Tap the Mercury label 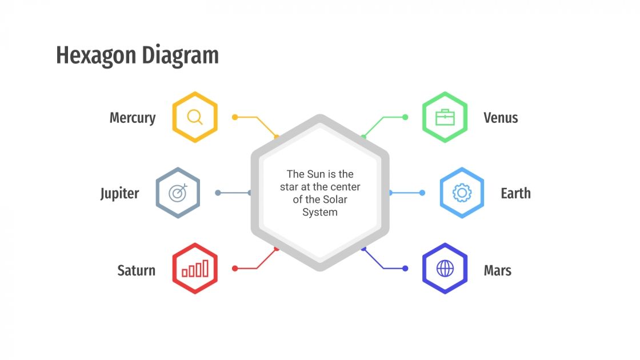[133, 118]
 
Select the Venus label [501, 118]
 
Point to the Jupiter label [119, 193]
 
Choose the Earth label [515, 193]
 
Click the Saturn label [136, 270]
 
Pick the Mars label [497, 270]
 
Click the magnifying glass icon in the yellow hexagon [195, 117]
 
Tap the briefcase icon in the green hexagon [445, 117]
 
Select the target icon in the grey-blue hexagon [178, 193]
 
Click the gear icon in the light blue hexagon [462, 193]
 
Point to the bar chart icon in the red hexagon [195, 269]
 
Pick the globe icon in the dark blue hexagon [445, 269]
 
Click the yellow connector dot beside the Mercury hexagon [234, 117]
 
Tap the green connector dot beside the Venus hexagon [405, 117]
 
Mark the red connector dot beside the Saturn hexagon [234, 268]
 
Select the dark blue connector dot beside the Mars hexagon [405, 268]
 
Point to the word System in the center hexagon [320, 212]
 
